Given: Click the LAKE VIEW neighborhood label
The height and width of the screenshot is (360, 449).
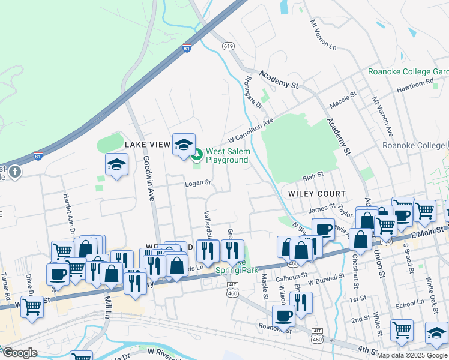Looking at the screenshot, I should tap(148, 145).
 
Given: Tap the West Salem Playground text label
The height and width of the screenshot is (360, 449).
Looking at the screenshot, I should tap(228, 156).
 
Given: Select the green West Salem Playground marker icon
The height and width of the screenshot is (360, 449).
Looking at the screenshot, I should tap(197, 157).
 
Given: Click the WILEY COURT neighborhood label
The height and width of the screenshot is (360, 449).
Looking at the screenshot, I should tap(317, 194).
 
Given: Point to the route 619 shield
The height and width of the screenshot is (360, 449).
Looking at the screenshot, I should tap(228, 46).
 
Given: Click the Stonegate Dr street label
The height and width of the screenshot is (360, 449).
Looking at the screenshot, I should tap(255, 92).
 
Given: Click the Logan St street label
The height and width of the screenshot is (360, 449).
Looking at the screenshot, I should tap(198, 183).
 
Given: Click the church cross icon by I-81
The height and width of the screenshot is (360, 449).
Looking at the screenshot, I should tap(15, 173).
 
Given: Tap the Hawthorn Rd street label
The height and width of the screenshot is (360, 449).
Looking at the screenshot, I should tap(415, 85).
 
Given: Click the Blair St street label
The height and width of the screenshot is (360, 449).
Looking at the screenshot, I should tap(313, 175).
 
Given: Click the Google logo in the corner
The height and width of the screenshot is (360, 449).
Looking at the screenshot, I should tap(20, 353).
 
